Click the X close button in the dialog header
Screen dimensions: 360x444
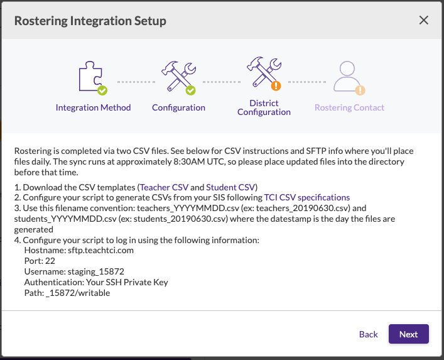423,20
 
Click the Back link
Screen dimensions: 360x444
368,334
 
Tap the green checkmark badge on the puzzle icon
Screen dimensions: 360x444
102,91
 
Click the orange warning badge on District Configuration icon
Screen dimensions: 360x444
275,86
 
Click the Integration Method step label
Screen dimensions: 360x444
93,107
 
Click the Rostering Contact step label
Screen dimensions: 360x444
349,107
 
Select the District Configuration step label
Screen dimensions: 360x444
264,107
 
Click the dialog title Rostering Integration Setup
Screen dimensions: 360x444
90,21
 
